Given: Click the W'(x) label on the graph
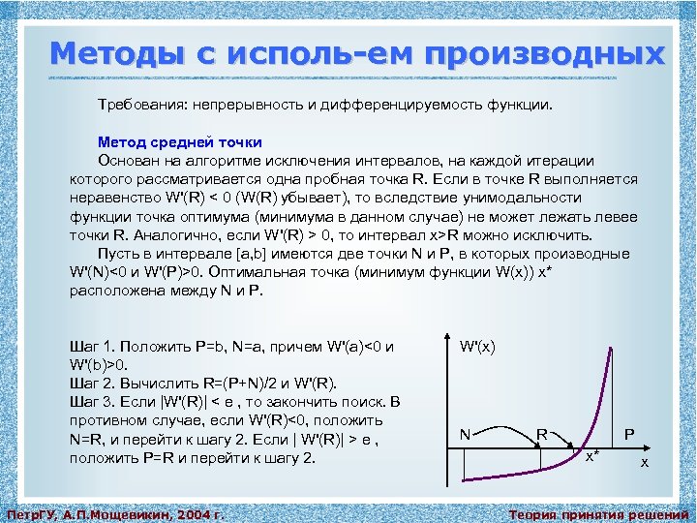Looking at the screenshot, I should tap(478, 346).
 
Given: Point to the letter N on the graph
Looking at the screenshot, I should tap(465, 435).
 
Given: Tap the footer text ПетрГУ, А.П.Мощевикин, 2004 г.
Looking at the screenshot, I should tap(115, 513).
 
